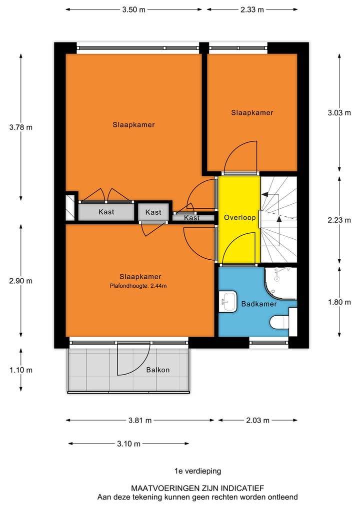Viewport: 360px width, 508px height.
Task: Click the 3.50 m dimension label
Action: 134,9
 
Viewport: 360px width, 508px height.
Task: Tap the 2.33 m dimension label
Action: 252,9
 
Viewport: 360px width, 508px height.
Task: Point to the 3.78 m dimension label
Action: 20,127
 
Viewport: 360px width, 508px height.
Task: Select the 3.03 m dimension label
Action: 339,113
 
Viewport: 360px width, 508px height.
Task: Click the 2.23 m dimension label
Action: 339,220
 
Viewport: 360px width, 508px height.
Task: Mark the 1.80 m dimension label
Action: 339,302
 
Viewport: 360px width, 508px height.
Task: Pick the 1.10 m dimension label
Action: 20,370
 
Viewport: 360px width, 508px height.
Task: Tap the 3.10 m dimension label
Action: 128,444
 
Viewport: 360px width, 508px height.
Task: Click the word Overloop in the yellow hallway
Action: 239,218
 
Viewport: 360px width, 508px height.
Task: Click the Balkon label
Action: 158,370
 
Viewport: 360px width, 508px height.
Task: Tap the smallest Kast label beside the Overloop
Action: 192,218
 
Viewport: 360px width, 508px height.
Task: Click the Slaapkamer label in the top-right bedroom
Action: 252,113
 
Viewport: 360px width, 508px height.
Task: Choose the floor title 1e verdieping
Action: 197,471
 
